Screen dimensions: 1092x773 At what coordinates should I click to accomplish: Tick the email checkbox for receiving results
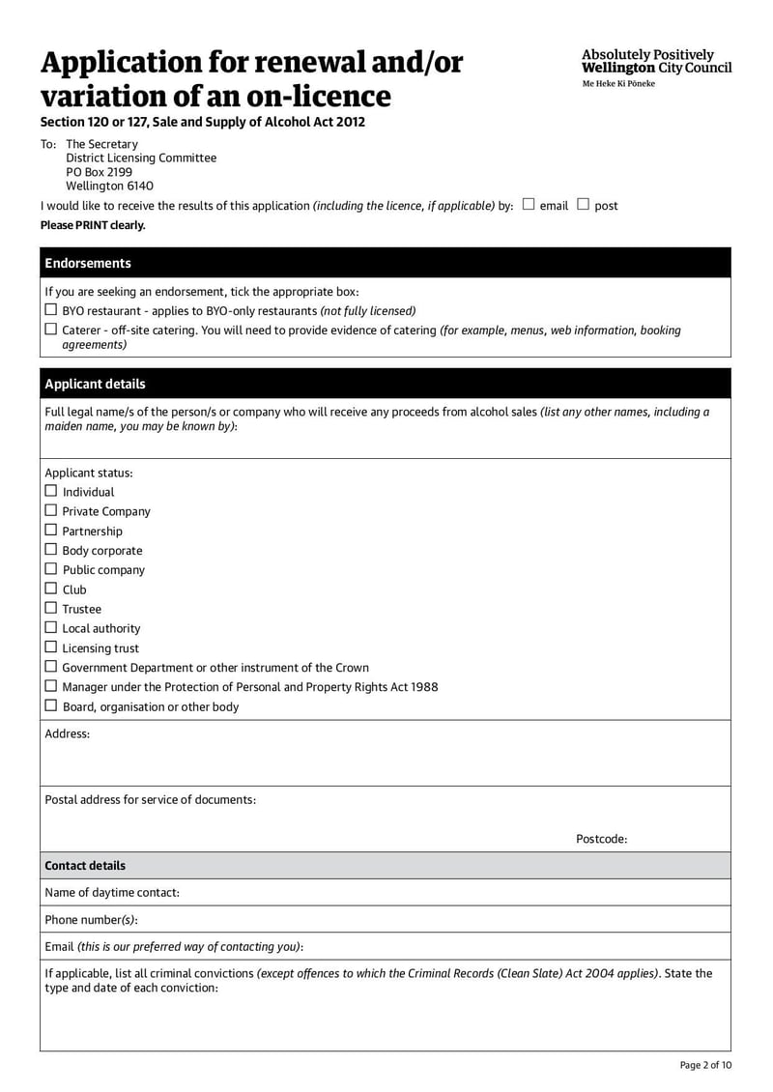528,204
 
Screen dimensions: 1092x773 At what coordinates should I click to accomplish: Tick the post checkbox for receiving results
583,204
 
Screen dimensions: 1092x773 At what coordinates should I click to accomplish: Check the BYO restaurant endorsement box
51,310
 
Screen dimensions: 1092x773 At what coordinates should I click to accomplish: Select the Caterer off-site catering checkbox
51,330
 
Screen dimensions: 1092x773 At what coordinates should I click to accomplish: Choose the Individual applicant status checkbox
51,491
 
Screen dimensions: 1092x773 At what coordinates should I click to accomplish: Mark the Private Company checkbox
51,510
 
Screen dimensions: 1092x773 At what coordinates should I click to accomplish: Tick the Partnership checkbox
51,531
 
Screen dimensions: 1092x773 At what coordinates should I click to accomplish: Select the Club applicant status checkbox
51,589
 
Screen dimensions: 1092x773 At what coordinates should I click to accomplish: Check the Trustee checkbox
51,608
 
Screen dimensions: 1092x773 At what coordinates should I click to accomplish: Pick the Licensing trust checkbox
51,647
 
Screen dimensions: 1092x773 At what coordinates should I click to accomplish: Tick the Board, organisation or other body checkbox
51,706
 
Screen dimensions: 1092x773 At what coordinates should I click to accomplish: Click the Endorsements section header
88,263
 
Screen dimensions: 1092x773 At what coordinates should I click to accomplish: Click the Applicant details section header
95,384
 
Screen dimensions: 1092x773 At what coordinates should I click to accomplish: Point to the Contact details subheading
85,866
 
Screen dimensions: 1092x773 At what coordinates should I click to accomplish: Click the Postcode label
601,839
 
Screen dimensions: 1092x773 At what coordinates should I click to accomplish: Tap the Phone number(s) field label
91,920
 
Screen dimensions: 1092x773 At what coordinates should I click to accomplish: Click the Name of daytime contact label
112,893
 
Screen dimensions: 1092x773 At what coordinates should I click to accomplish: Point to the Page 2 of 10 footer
705,1065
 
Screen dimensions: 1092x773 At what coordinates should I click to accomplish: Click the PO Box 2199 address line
99,172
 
